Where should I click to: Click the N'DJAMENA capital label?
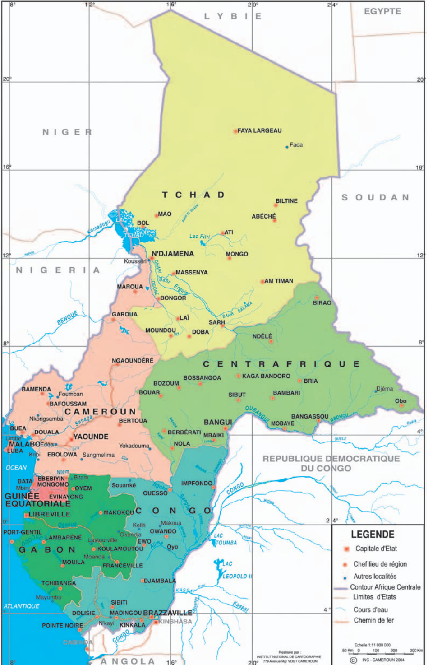click(173, 254)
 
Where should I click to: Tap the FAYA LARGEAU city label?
click(259, 130)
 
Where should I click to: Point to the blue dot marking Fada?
click(287, 147)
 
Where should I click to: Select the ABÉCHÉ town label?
click(263, 216)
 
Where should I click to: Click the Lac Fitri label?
click(199, 236)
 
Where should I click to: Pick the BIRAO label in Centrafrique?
click(322, 302)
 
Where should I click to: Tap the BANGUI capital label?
click(218, 422)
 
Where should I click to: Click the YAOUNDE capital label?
click(91, 437)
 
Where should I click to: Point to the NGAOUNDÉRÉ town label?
click(133, 360)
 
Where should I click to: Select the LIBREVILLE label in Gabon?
click(49, 514)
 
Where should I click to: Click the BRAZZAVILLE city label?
click(167, 613)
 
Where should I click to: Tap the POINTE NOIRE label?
click(62, 625)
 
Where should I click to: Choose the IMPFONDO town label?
click(197, 483)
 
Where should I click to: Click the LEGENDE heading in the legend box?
click(373, 535)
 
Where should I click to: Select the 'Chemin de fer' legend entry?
click(373, 620)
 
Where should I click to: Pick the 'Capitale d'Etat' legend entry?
click(376, 549)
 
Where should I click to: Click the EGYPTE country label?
click(382, 11)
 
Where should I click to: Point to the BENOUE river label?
click(67, 318)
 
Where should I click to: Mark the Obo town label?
click(401, 400)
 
